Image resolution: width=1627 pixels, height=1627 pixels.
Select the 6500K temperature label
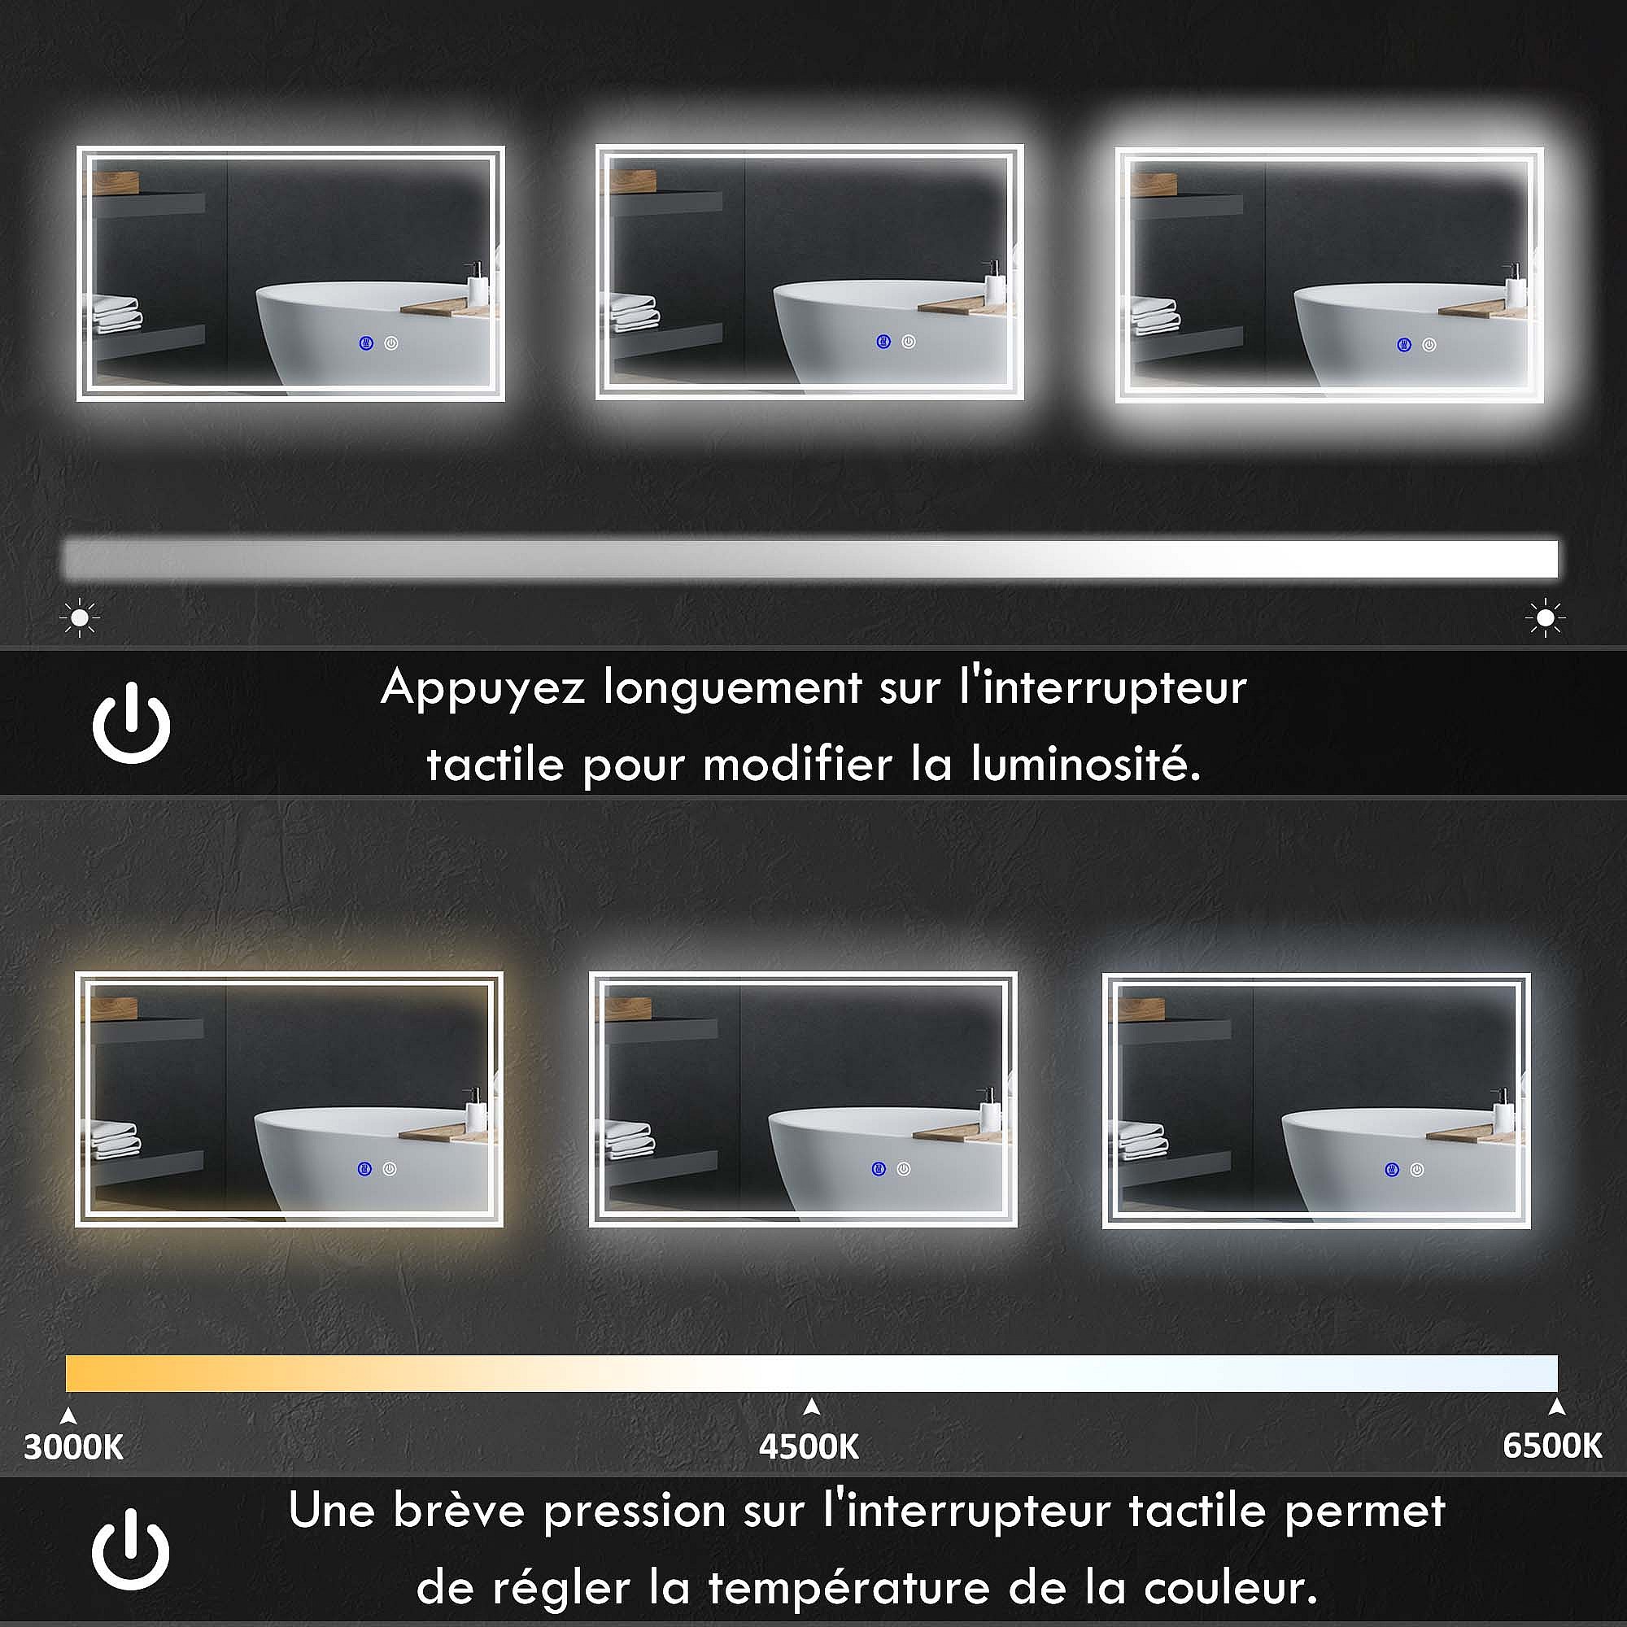(1552, 1445)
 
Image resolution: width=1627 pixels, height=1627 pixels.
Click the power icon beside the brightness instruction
(131, 723)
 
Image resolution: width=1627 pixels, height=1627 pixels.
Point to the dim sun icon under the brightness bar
(80, 618)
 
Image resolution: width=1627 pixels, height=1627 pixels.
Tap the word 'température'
(848, 1587)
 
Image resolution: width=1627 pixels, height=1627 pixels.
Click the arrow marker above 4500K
(811, 1407)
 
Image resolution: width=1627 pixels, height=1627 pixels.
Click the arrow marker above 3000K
(69, 1415)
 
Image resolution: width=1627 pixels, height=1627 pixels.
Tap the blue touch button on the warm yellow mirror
(364, 1169)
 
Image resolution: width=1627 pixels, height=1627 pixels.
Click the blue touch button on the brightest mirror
(1404, 344)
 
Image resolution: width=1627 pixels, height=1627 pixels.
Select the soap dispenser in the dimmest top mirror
(477, 284)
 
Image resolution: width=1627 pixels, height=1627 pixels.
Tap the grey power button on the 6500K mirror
(1417, 1170)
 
